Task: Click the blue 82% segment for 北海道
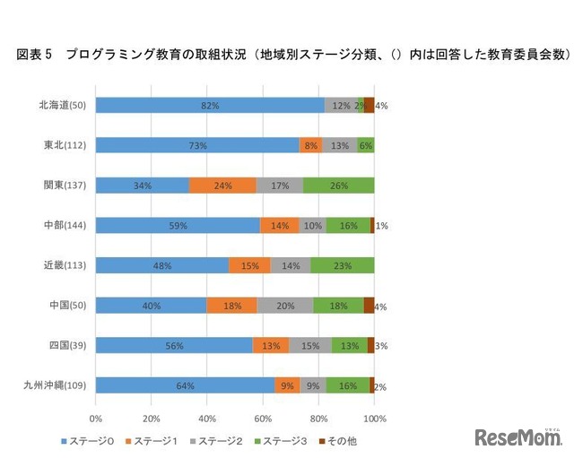[x=210, y=106]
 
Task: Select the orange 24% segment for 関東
[x=222, y=186]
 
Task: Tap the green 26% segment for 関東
[x=338, y=186]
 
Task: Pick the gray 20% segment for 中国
[x=285, y=306]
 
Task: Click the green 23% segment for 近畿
[x=343, y=265]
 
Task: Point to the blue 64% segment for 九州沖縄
[x=185, y=385]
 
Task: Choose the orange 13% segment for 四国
[x=271, y=345]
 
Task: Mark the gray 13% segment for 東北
[x=339, y=145]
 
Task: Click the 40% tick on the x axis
[x=207, y=418]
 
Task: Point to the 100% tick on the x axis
[x=375, y=418]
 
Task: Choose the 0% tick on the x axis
[x=95, y=418]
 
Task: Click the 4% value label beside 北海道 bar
[x=381, y=106]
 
